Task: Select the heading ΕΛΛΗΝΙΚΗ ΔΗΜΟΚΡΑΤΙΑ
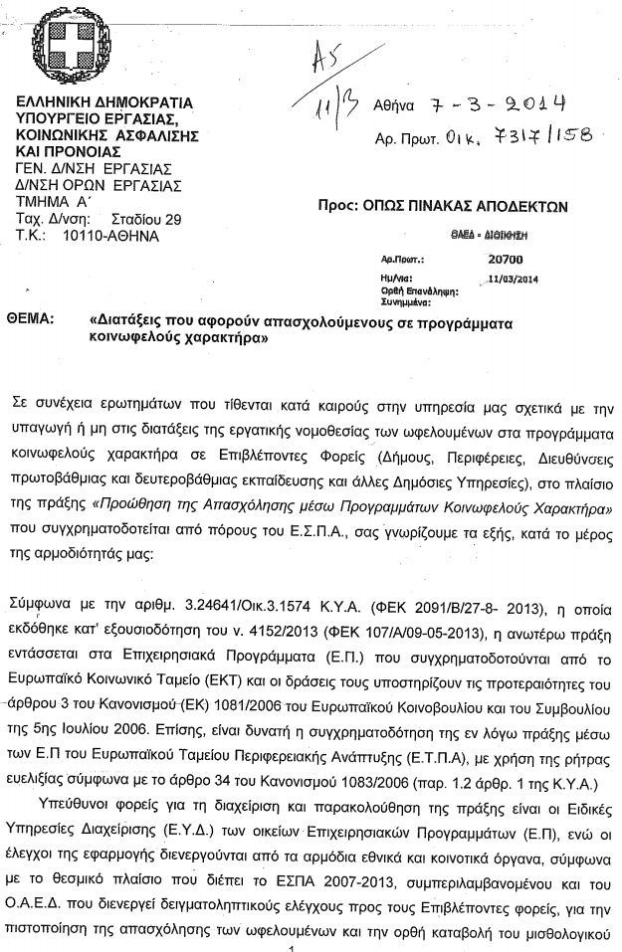(x=110, y=103)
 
